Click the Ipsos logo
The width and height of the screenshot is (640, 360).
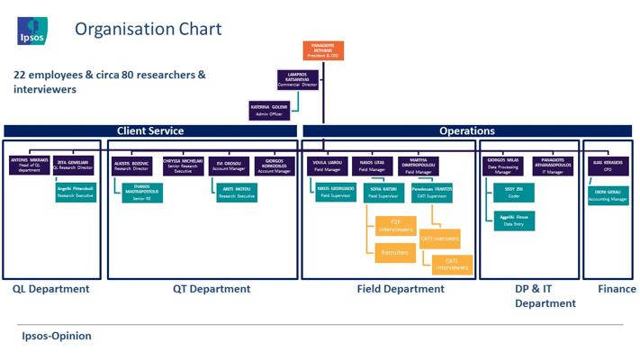click(32, 31)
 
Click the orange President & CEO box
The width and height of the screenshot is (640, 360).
click(323, 51)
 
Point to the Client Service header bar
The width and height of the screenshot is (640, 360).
click(150, 131)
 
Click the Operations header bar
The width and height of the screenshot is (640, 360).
click(466, 131)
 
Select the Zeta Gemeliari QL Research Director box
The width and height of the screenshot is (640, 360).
click(73, 165)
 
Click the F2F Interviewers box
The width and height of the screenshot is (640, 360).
click(394, 226)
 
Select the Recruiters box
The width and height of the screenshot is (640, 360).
click(394, 253)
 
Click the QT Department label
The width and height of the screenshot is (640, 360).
click(212, 289)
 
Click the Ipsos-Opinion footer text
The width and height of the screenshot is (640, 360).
click(56, 336)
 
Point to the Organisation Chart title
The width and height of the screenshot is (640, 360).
click(148, 30)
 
